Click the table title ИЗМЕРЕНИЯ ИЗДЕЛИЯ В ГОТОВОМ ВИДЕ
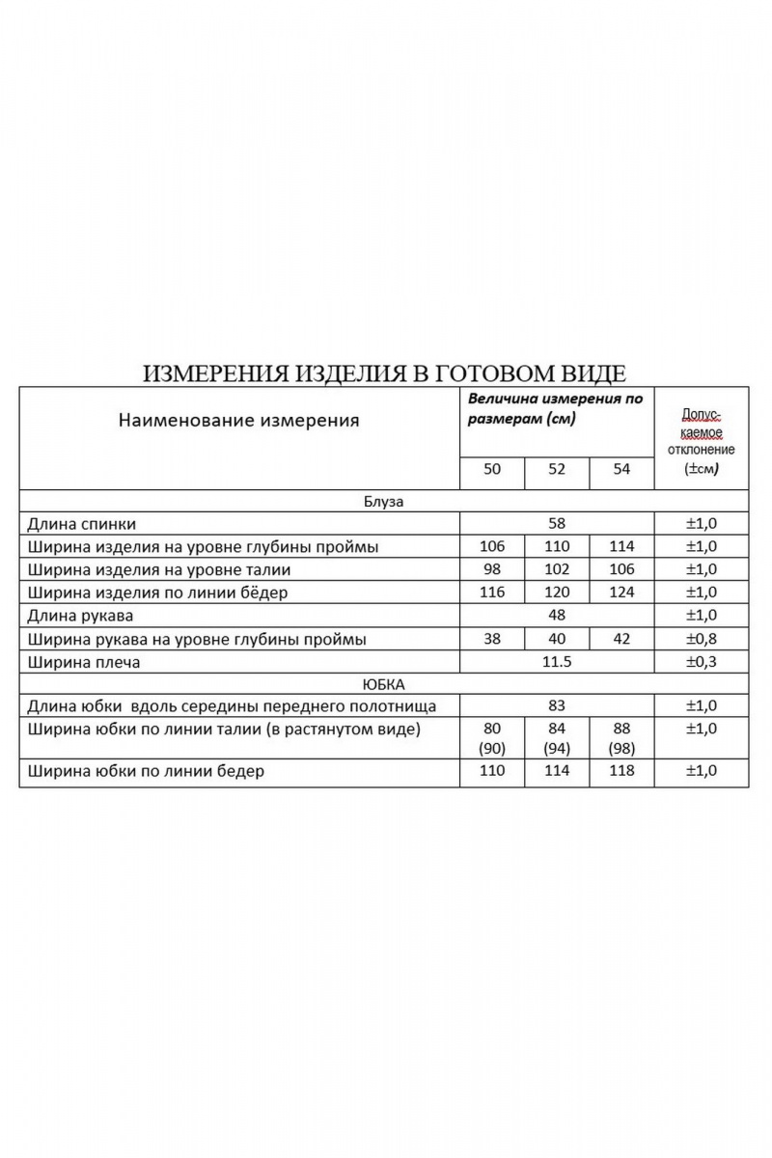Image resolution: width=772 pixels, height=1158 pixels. (385, 373)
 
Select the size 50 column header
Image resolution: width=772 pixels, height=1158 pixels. (492, 470)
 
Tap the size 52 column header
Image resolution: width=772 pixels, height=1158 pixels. (557, 470)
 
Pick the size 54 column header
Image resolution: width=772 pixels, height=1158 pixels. (621, 470)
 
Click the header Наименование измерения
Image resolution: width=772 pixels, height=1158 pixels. (238, 420)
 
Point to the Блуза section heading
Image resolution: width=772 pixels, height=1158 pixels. (384, 502)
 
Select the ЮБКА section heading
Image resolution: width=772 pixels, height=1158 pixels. (384, 683)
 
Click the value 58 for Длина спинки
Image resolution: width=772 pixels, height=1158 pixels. (556, 524)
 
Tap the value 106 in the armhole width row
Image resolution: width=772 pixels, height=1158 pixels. (492, 547)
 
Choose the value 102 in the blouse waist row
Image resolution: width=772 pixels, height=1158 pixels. (557, 570)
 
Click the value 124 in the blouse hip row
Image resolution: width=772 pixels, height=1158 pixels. (621, 593)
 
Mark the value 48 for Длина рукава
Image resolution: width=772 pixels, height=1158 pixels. (556, 616)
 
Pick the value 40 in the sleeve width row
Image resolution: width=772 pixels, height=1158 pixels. (557, 639)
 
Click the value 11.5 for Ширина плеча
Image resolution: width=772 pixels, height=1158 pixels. (556, 662)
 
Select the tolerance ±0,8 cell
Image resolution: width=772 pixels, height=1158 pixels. (702, 639)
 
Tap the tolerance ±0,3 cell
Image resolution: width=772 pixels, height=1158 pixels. (702, 662)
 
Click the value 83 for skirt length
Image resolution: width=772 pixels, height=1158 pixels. (556, 706)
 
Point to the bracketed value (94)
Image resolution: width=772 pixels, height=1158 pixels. (557, 747)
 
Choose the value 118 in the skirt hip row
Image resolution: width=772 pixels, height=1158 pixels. (621, 771)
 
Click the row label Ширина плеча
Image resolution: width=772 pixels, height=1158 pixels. (85, 662)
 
